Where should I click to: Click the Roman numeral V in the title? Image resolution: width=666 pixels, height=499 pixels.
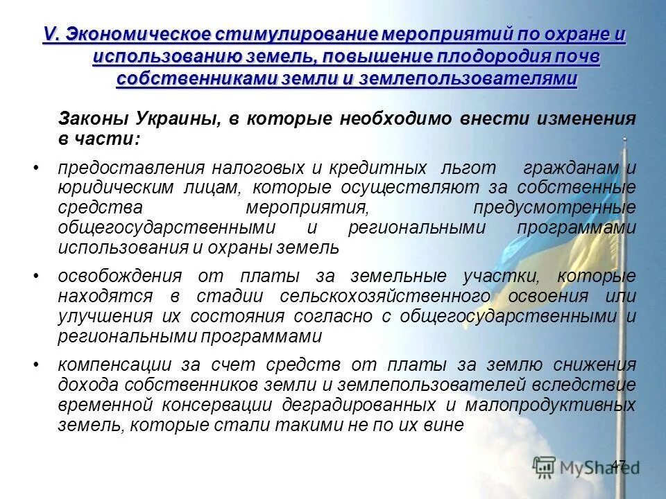pos(49,33)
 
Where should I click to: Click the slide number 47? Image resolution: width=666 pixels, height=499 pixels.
pos(619,464)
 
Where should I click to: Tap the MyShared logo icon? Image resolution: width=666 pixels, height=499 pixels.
pos(545,468)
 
